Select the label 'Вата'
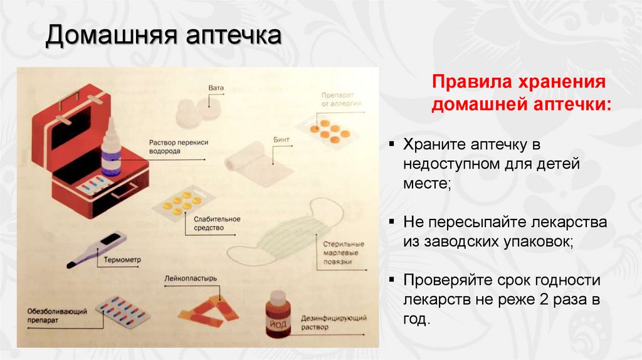[216, 88]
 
